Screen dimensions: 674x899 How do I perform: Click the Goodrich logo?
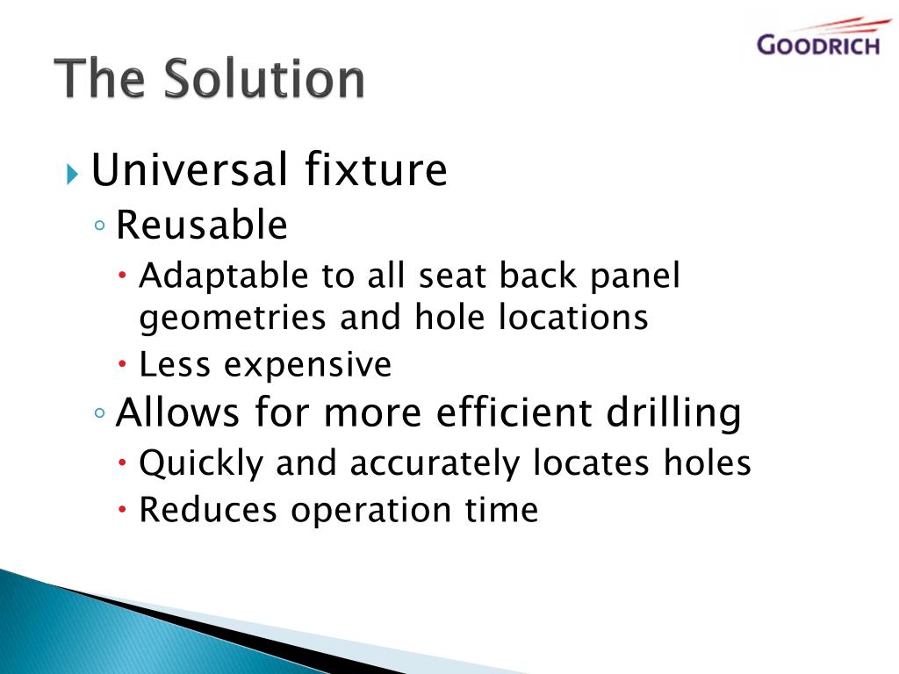click(x=817, y=39)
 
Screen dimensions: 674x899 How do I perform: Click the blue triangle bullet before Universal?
click(x=72, y=171)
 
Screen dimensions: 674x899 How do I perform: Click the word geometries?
click(x=234, y=318)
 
